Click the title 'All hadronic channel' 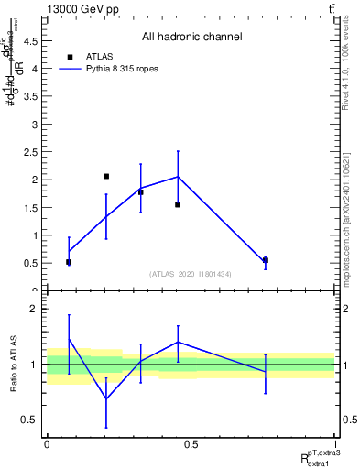(x=191, y=38)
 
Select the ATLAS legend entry (x=95, y=56)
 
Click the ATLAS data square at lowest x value (x=69, y=262)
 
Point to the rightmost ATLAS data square (x=266, y=260)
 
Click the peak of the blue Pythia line (x=178, y=177)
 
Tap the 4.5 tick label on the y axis (x=29, y=40)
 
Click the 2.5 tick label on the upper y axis (x=29, y=152)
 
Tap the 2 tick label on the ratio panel (x=34, y=309)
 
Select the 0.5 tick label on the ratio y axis (x=29, y=420)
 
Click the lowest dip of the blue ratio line (x=106, y=398)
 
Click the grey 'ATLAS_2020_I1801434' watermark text (x=191, y=274)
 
